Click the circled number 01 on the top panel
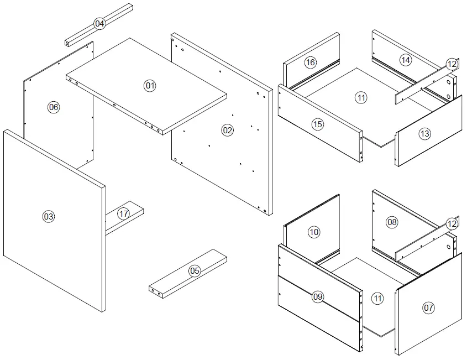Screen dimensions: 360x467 click(150, 85)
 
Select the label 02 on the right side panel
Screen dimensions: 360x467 click(227, 131)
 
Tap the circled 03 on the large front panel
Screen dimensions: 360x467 click(49, 216)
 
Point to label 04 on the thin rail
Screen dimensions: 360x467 click(99, 23)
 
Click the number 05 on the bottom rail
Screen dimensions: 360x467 click(195, 270)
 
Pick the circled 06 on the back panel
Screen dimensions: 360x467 click(54, 107)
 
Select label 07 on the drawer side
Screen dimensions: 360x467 click(429, 308)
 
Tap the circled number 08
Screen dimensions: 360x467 click(391, 222)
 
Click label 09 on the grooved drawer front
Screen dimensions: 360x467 click(317, 297)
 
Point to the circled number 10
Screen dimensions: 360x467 click(313, 232)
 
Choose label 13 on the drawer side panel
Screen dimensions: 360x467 click(424, 133)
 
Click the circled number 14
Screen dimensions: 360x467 click(406, 60)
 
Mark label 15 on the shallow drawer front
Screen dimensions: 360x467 click(317, 124)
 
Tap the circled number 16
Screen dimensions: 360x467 click(311, 62)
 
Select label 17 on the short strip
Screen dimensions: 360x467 click(123, 213)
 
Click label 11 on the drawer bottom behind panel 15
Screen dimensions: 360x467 click(361, 98)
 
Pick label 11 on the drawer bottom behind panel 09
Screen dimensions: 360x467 click(377, 298)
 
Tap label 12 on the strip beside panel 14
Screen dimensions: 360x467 click(452, 64)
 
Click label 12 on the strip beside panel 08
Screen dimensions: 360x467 click(452, 224)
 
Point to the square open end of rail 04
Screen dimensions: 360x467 click(68, 42)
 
